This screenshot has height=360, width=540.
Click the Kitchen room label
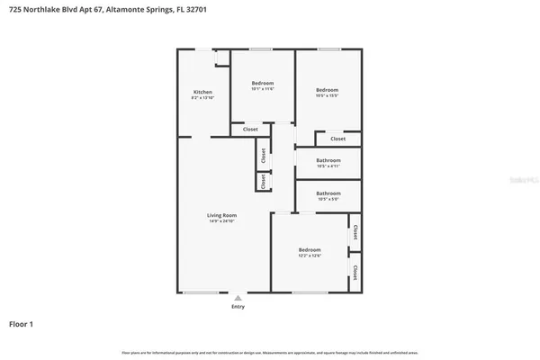(202, 92)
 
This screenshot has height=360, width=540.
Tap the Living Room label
(221, 215)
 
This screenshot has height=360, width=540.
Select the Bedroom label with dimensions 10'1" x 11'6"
(262, 83)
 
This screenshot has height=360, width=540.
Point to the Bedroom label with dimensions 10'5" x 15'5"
(327, 90)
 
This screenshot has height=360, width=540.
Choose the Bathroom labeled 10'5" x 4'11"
(328, 160)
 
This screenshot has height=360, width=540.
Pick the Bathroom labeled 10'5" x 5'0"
(328, 193)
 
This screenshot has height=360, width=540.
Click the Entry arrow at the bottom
(238, 297)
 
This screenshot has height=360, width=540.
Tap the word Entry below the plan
(238, 306)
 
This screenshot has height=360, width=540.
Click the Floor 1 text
(22, 323)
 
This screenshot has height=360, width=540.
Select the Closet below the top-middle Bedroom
(250, 130)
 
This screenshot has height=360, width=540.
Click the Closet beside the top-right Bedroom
(337, 139)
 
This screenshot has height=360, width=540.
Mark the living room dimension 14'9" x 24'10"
(221, 221)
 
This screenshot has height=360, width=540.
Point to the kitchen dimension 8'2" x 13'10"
(202, 98)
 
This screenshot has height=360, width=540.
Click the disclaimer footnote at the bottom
(270, 351)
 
